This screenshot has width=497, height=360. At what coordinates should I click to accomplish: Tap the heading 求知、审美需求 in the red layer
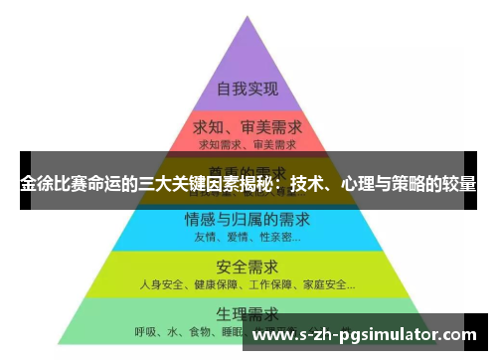pos(247,130)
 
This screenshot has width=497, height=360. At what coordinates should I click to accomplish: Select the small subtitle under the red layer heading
pos(247,146)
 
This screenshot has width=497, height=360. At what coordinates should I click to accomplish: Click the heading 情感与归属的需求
pos(247,219)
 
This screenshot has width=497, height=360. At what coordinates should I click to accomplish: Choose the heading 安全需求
pos(247,267)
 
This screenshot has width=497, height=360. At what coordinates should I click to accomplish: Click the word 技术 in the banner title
pos(305,186)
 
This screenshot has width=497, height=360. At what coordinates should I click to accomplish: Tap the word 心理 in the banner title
pos(355,186)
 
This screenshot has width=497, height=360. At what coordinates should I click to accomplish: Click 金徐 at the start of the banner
pos(35,186)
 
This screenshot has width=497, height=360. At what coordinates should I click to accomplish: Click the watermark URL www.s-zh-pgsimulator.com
pos(365,335)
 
